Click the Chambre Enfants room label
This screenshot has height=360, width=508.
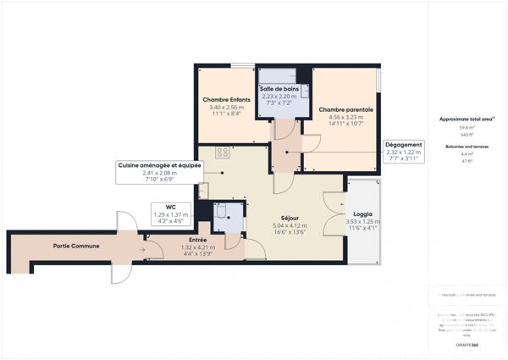(224, 100)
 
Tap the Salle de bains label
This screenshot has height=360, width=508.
(279, 88)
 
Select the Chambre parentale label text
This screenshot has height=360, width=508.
(345, 109)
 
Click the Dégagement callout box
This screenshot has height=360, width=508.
(403, 145)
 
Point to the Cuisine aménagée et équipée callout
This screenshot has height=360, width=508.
(159, 166)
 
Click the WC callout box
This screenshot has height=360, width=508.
(170, 206)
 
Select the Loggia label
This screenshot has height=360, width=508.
(362, 214)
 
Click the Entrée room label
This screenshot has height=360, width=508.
(197, 240)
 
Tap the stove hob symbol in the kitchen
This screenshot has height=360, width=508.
(224, 153)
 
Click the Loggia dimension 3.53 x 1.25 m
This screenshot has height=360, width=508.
(362, 222)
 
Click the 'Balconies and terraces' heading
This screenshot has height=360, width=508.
(467, 147)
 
